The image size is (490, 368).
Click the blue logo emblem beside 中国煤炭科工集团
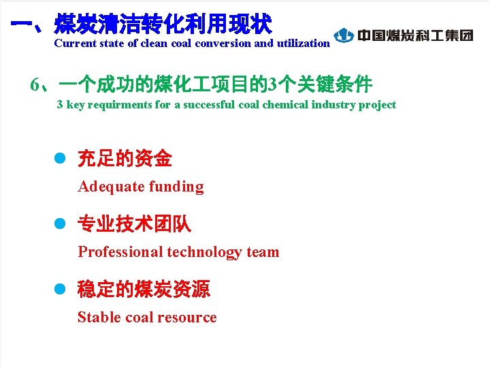344,35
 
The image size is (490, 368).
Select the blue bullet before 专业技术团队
59,224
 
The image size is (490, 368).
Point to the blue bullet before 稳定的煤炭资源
59,289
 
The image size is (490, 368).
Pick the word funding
176,187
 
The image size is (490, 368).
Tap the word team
263,252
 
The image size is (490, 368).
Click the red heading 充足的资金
125,159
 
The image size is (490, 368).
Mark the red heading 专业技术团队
134,224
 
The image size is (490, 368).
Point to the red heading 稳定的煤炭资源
144,289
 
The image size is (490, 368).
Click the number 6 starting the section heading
35,85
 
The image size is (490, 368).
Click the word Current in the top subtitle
74,43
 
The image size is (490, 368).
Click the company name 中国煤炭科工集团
414,35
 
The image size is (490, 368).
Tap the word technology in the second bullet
203,252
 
